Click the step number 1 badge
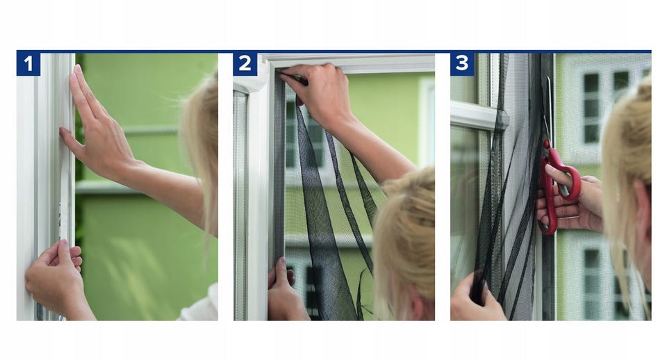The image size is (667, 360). coord(28,64)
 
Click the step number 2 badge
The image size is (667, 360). coord(245,64)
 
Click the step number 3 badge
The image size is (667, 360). coord(463,64)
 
